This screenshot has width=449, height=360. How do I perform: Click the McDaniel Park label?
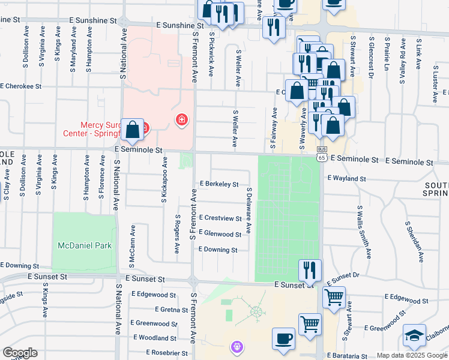click(x=85, y=245)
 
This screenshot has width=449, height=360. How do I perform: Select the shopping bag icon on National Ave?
click(x=132, y=129)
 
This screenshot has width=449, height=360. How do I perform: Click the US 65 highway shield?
click(x=322, y=156)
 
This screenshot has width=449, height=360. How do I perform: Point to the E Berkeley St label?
click(x=219, y=184)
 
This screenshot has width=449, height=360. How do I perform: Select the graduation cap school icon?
click(x=414, y=335)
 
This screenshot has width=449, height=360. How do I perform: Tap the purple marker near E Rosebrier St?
click(x=237, y=346)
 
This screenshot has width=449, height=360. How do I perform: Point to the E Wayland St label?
click(x=346, y=178)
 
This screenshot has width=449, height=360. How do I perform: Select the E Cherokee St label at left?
click(x=21, y=86)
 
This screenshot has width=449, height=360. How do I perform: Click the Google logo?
click(x=20, y=353)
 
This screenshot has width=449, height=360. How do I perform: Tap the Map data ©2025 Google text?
click(x=412, y=356)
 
